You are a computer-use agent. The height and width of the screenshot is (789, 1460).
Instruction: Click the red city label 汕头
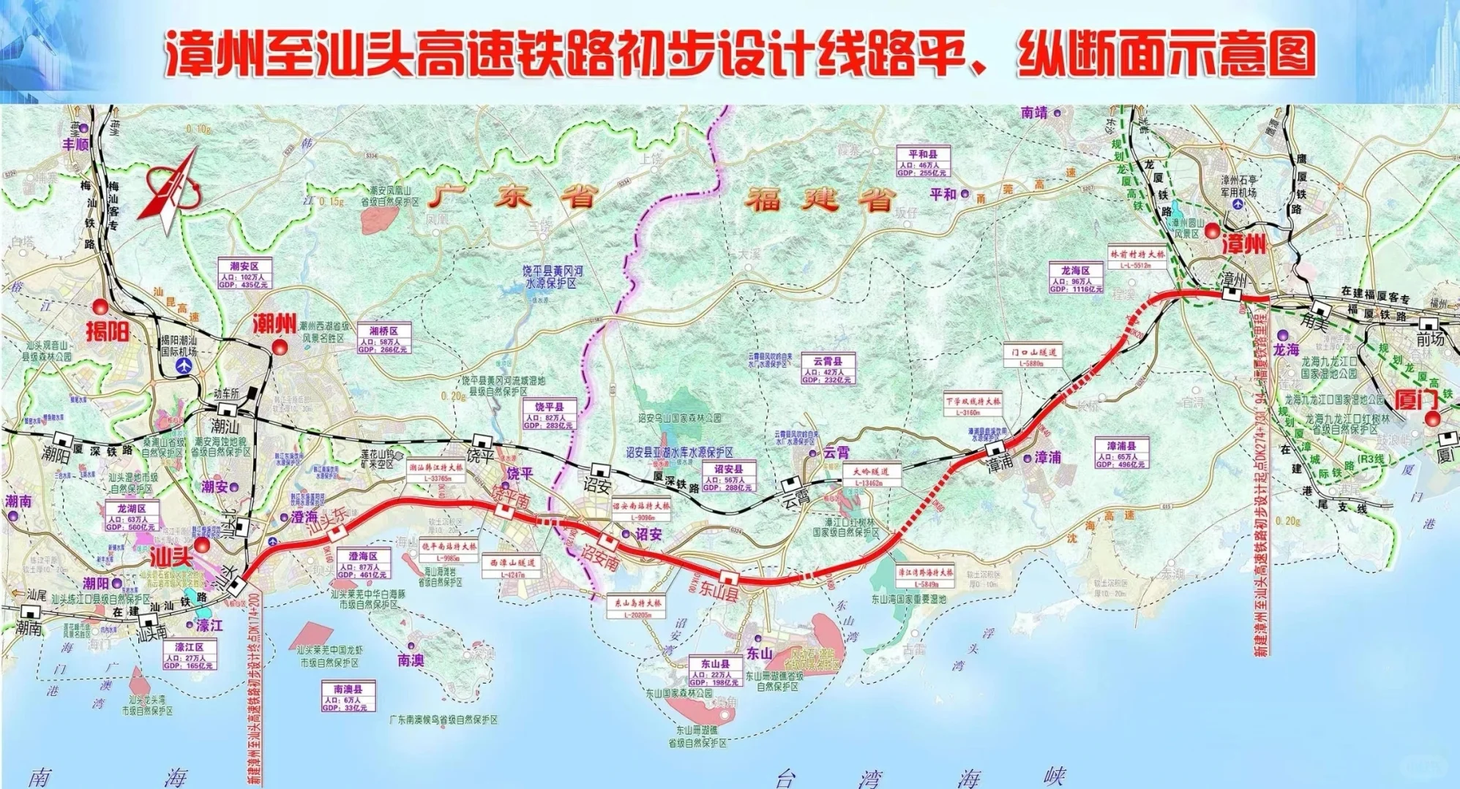tap(171, 557)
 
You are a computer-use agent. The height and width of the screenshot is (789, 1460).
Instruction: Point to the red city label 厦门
tap(1416, 399)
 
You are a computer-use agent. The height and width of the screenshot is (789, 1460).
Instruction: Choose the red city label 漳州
tap(1243, 244)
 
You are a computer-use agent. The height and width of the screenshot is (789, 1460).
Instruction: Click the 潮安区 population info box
tap(244, 275)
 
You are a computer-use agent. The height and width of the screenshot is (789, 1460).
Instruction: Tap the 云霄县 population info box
tap(827, 370)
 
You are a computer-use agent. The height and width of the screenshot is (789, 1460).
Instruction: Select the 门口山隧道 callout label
tap(1033, 356)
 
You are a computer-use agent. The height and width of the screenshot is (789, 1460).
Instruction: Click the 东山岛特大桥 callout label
tap(637, 608)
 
